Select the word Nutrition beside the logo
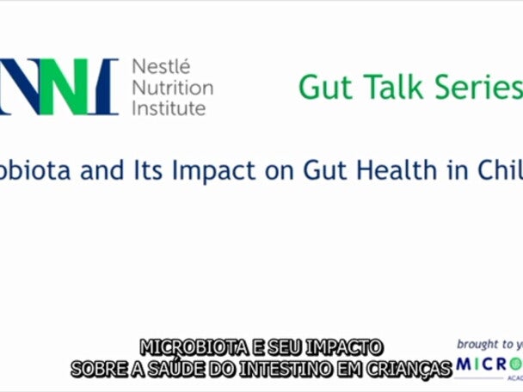click(172, 88)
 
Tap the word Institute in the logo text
click(169, 108)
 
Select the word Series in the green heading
click(482, 87)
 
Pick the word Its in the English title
click(151, 170)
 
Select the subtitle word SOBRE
click(100, 369)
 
